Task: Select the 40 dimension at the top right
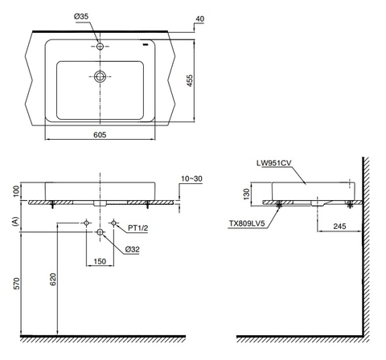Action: [x=199, y=17]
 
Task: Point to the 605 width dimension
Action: [x=100, y=134]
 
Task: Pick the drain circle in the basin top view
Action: [x=100, y=77]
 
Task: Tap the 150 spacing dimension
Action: [x=100, y=261]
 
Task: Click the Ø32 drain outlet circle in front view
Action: [x=100, y=233]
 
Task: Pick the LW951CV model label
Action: [x=274, y=162]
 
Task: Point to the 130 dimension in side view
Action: [x=248, y=194]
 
